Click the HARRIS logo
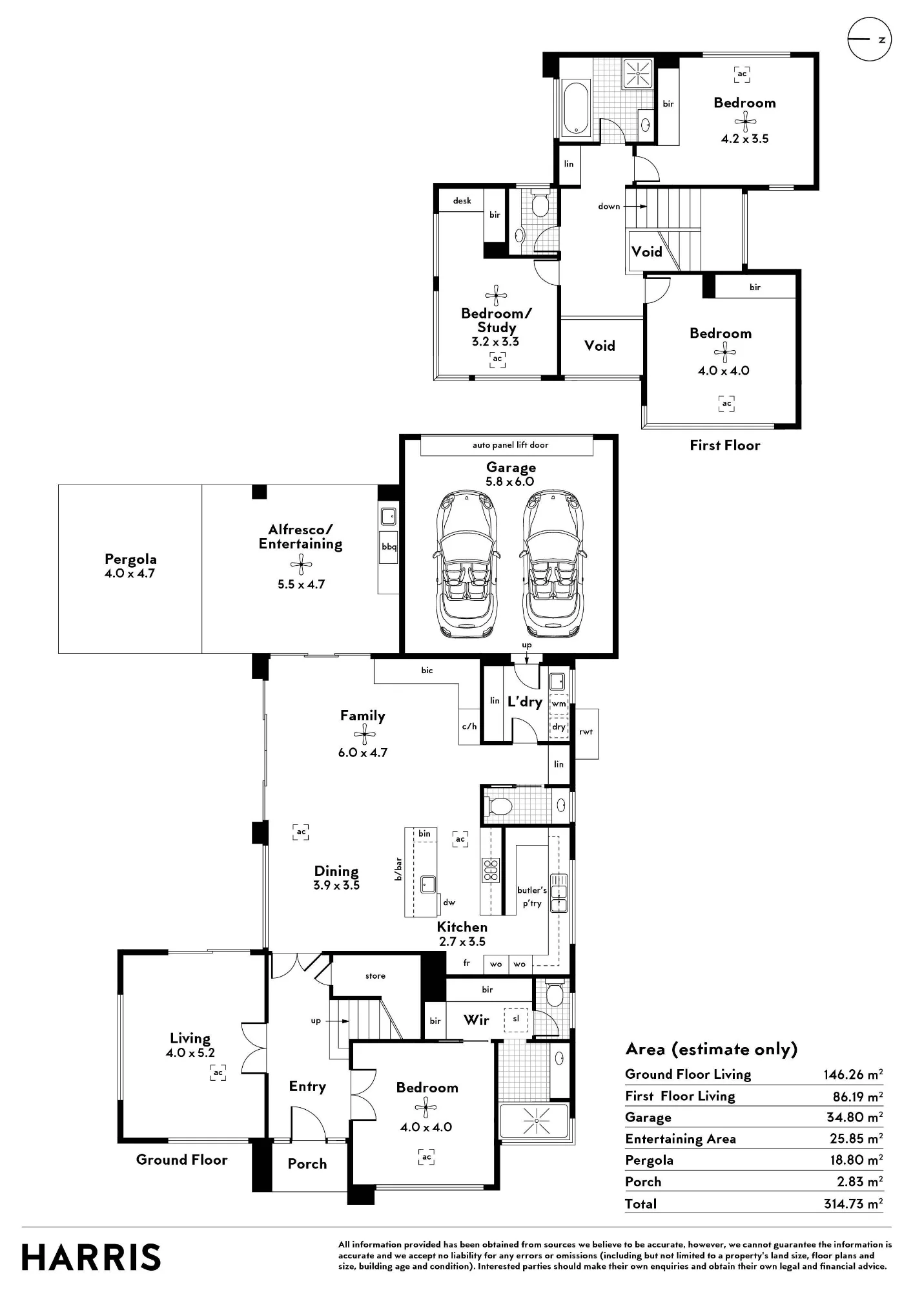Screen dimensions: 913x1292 91,1257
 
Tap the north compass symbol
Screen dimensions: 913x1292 869,39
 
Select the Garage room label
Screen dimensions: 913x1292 511,467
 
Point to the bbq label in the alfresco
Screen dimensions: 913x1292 389,547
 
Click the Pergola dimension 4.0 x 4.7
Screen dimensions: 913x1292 130,573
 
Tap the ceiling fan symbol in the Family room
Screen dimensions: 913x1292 364,734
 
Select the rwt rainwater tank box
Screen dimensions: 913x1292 586,733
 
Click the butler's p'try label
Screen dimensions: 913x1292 532,897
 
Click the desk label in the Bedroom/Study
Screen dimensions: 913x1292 462,200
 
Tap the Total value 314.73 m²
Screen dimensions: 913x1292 853,1203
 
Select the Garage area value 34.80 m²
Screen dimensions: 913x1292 854,1117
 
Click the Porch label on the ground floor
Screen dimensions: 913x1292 307,1163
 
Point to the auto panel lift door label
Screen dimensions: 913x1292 510,445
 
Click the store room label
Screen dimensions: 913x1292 375,975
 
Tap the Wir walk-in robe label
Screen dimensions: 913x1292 477,1019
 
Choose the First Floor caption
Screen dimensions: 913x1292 725,445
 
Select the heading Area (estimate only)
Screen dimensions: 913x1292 712,1049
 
